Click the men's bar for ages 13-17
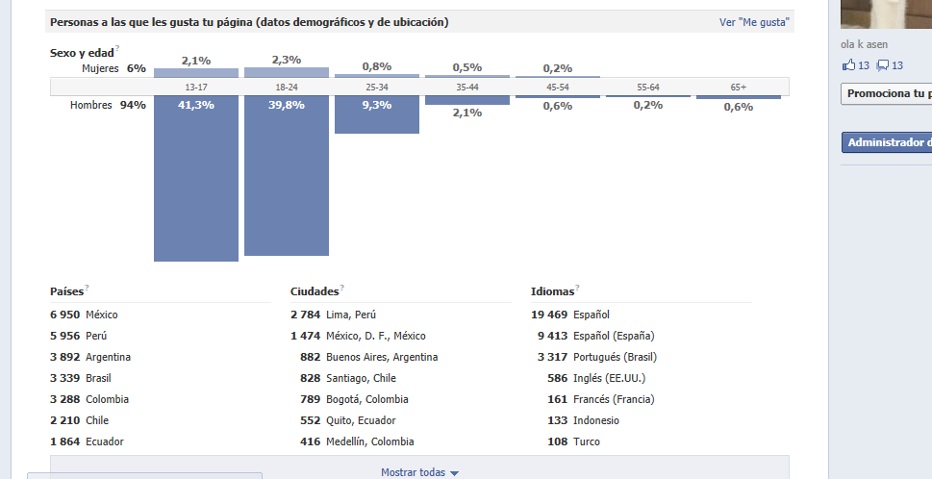pyautogui.click(x=196, y=183)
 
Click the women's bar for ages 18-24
pyautogui.click(x=287, y=72)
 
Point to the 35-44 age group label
pyautogui.click(x=467, y=88)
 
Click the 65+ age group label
pyautogui.click(x=739, y=88)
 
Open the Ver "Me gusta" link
pyautogui.click(x=756, y=22)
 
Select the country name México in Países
pyautogui.click(x=102, y=315)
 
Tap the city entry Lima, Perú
pyautogui.click(x=351, y=315)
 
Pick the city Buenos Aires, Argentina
pyautogui.click(x=382, y=357)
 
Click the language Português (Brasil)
pyautogui.click(x=614, y=357)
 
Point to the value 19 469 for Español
pyautogui.click(x=549, y=315)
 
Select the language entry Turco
pyautogui.click(x=587, y=441)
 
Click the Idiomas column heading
pyautogui.click(x=552, y=290)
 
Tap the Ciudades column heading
pyautogui.click(x=314, y=290)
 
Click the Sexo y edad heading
pyautogui.click(x=81, y=53)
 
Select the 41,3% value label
pyautogui.click(x=196, y=105)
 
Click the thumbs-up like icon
pyautogui.click(x=848, y=65)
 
